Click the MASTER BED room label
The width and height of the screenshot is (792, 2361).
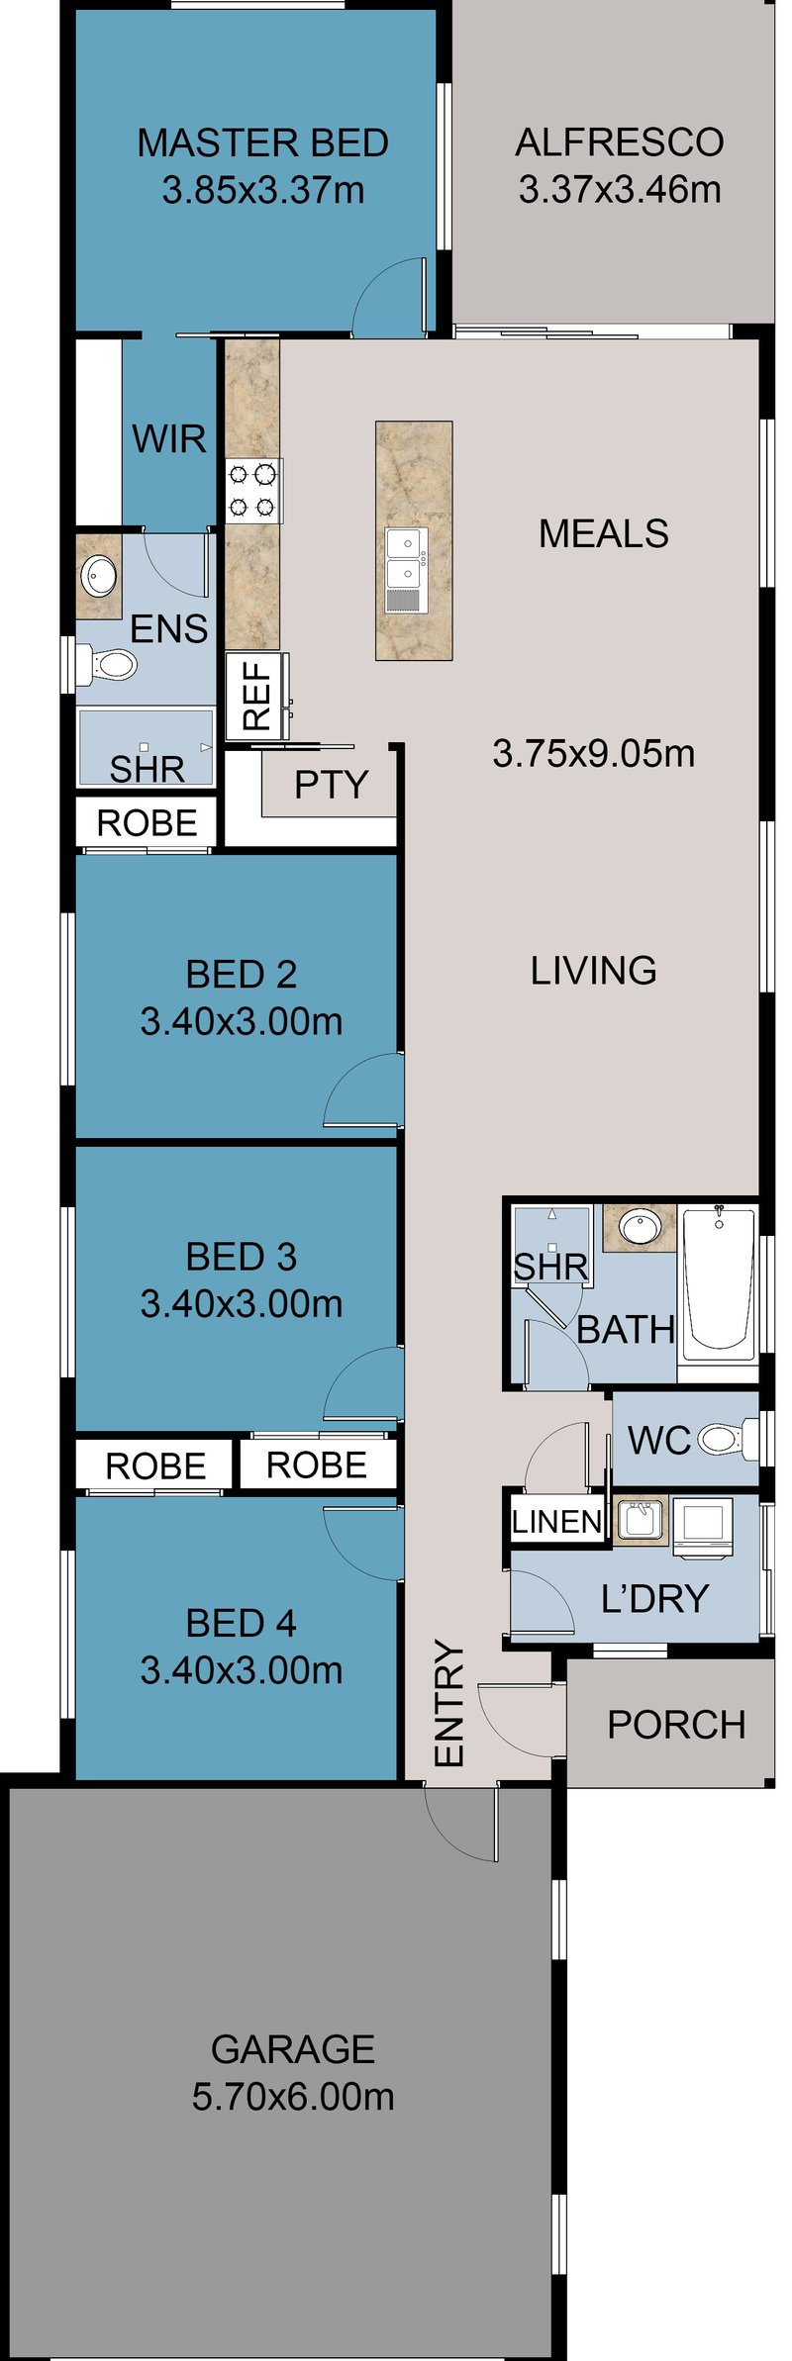click(262, 143)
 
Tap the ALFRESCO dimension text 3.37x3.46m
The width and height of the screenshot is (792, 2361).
click(620, 189)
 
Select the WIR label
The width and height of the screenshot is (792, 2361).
click(169, 438)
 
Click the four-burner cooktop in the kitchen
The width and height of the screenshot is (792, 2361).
click(253, 491)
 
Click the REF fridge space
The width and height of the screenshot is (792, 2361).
click(256, 696)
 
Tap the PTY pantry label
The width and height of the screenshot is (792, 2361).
click(331, 785)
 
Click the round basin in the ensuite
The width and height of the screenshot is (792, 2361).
click(100, 575)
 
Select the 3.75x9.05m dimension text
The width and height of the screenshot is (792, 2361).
click(594, 753)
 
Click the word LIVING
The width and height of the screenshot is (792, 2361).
click(593, 970)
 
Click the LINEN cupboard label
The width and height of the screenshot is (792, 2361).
click(556, 1521)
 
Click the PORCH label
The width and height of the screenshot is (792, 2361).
click(676, 1725)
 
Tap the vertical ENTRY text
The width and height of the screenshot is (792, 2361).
click(449, 1703)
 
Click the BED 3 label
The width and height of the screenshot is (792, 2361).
click(241, 1257)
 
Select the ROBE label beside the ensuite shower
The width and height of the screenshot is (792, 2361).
click(147, 822)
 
